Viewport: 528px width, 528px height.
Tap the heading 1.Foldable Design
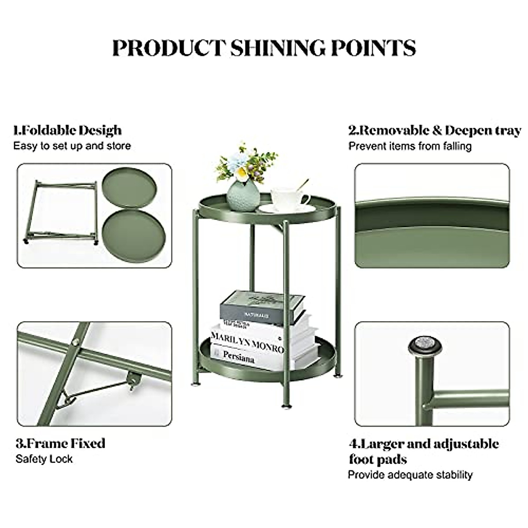point(67,130)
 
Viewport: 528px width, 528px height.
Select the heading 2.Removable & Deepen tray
point(434,130)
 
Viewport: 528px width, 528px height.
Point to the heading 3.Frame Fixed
point(60,443)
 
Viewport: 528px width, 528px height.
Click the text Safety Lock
point(44,459)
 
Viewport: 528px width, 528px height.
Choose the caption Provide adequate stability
point(410,475)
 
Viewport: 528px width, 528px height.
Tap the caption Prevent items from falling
point(410,146)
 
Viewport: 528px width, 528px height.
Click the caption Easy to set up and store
point(72,146)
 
